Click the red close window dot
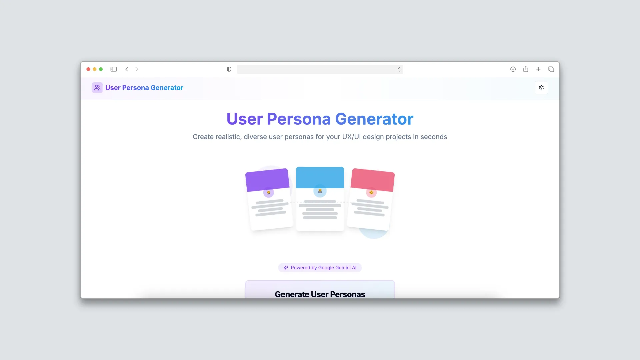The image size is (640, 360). click(x=88, y=69)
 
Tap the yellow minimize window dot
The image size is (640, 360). click(x=95, y=69)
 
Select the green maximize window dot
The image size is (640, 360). click(x=101, y=69)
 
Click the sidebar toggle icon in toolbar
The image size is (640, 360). click(x=114, y=69)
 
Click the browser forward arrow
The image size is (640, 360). click(x=137, y=69)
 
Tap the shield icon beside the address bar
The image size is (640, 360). click(x=229, y=69)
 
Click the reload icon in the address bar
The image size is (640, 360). click(x=399, y=69)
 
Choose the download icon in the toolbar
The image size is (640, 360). click(x=513, y=69)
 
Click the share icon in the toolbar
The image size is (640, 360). click(x=526, y=69)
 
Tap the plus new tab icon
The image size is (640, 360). click(x=538, y=69)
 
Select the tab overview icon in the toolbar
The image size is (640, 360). click(x=551, y=69)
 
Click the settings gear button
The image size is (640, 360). click(x=541, y=88)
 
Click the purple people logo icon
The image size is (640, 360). click(x=97, y=88)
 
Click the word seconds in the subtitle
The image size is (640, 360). click(x=434, y=137)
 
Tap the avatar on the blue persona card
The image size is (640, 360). click(x=320, y=191)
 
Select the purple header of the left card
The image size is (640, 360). click(x=267, y=180)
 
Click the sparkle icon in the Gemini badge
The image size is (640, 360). click(x=286, y=268)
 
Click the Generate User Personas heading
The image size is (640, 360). click(x=320, y=294)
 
